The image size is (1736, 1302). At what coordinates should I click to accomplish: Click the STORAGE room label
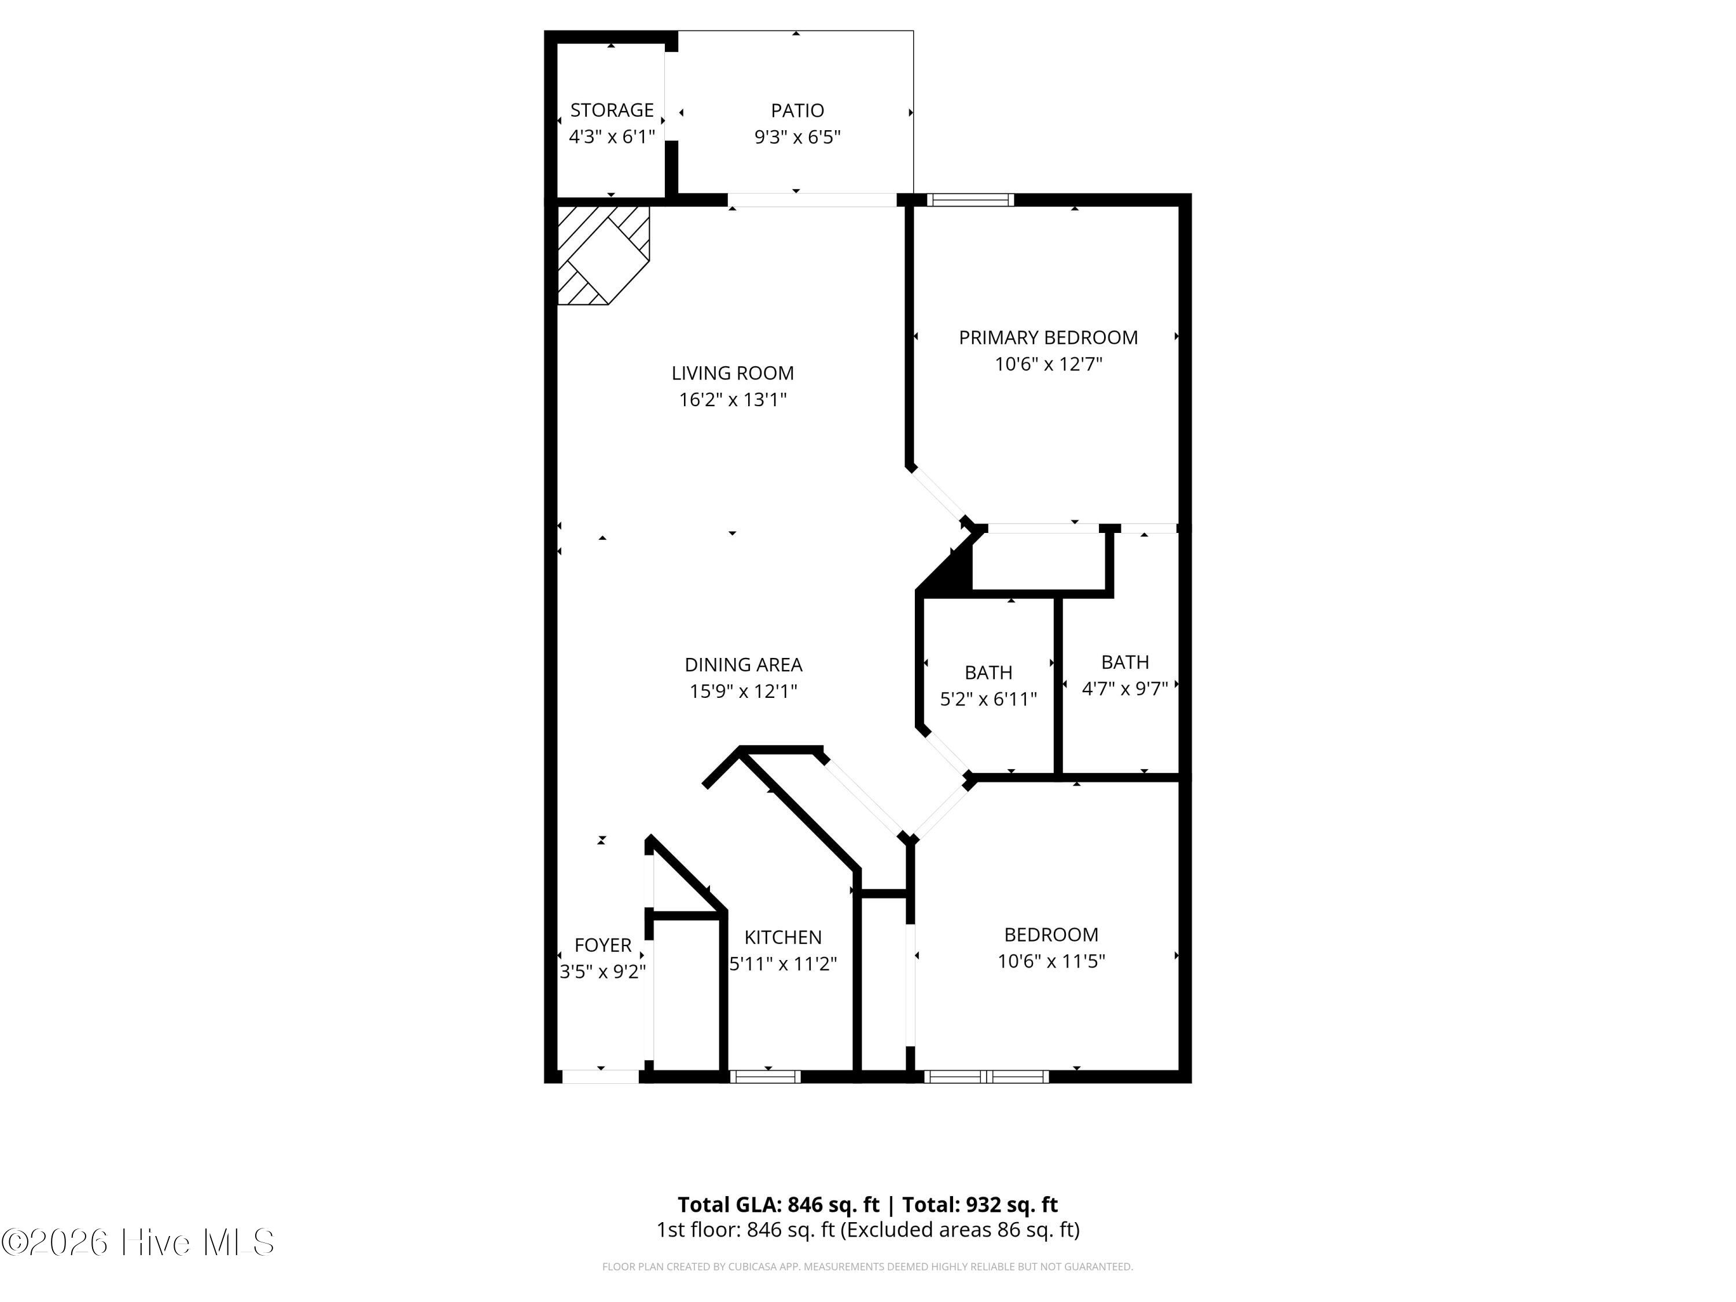[x=612, y=110]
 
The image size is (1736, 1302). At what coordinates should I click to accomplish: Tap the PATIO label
[x=797, y=111]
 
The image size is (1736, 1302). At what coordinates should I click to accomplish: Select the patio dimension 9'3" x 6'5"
[x=797, y=137]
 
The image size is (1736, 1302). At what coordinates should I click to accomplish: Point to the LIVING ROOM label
[x=732, y=373]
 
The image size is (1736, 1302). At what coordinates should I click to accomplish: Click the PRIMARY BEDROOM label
[x=1049, y=337]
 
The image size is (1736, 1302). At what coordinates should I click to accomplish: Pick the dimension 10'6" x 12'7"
[x=1049, y=364]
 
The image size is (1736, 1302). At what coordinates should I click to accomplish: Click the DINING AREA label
[x=743, y=665]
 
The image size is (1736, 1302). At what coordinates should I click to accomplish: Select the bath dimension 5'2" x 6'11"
[x=988, y=698]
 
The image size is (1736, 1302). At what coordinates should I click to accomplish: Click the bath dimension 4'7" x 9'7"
[x=1124, y=688]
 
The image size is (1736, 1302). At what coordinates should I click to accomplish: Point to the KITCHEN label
[x=782, y=937]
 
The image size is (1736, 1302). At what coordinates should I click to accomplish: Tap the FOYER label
[x=603, y=945]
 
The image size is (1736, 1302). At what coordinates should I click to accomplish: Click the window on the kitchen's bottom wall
[x=765, y=1077]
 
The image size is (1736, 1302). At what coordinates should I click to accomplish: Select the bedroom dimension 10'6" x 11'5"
[x=1051, y=961]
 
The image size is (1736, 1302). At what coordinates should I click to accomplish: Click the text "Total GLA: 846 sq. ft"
[x=778, y=1205]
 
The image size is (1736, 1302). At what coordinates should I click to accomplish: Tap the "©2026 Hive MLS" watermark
[x=138, y=1242]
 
